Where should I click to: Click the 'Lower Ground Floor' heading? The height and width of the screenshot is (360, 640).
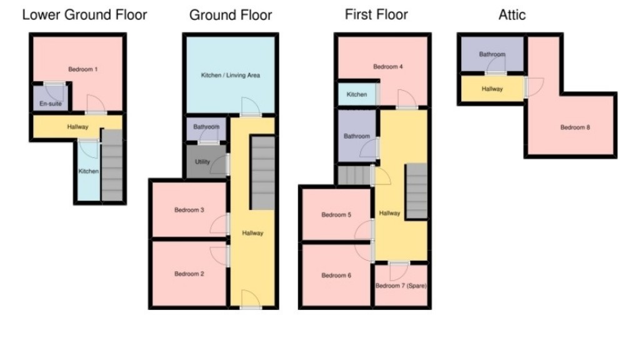(84, 15)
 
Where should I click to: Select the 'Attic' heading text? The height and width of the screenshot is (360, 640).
(512, 15)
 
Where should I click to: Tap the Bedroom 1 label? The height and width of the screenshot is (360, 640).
(82, 69)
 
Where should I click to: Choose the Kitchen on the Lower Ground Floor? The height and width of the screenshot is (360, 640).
(88, 171)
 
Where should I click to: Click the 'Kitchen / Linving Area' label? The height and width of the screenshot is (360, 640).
(230, 76)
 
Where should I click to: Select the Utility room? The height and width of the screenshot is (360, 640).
(202, 161)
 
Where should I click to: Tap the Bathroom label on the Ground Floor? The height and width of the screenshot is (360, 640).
(206, 127)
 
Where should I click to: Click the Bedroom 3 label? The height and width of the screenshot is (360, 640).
(189, 210)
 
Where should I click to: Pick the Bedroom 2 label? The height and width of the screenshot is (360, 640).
(189, 274)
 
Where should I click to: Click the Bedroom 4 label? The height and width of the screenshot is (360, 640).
(388, 67)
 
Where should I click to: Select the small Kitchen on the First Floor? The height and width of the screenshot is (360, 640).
(357, 94)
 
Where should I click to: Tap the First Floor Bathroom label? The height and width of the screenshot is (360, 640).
(356, 136)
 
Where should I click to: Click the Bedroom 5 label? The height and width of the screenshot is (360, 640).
(336, 214)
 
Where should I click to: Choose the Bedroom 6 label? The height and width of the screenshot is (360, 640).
(336, 276)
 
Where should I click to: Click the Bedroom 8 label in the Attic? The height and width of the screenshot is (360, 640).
(575, 127)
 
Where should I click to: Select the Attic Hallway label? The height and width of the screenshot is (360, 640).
(492, 89)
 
